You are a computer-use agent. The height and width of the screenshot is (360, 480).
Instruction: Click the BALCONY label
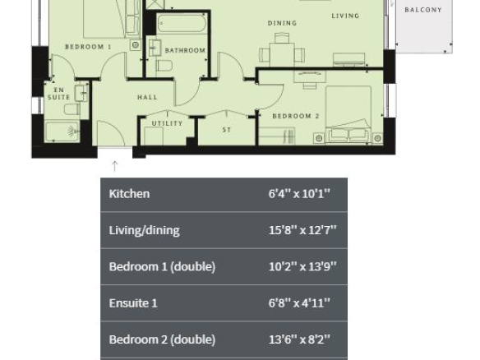423,10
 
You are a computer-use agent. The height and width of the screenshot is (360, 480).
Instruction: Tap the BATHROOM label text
185,50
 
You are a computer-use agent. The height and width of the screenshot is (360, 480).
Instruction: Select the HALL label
147,97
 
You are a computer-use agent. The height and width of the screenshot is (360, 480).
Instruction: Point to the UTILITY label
167,123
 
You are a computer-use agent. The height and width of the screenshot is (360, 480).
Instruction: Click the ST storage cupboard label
227,130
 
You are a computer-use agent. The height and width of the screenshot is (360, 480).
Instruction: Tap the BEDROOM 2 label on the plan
296,116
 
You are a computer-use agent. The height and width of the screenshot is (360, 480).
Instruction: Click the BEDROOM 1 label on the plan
88,47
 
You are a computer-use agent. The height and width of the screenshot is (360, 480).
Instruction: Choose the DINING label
282,23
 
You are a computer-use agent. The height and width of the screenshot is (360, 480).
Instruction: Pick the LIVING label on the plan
345,16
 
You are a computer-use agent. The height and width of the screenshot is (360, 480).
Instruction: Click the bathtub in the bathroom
182,23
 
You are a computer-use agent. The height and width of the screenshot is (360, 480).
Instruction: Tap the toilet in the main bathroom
164,65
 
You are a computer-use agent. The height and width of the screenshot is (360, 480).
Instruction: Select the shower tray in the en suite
62,132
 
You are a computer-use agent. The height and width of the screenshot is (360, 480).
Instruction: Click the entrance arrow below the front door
114,166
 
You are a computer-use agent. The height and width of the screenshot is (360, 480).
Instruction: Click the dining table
282,54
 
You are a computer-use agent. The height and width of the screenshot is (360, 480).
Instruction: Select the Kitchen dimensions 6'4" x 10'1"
299,194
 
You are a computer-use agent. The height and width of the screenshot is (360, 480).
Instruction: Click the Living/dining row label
144,230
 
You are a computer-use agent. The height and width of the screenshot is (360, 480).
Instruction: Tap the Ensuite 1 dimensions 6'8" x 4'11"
299,303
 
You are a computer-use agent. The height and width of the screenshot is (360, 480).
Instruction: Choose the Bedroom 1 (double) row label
162,266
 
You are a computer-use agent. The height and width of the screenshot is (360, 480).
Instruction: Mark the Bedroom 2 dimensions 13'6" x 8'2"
299,339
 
